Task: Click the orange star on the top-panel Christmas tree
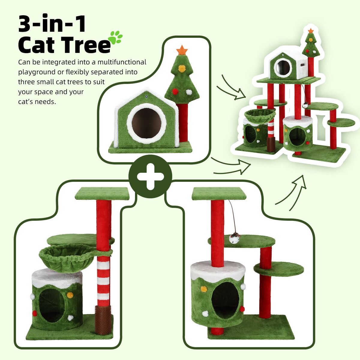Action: tap(182, 50)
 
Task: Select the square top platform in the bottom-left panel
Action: tap(102, 194)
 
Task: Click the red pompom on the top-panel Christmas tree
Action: tap(175, 91)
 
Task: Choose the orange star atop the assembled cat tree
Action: tap(311, 31)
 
